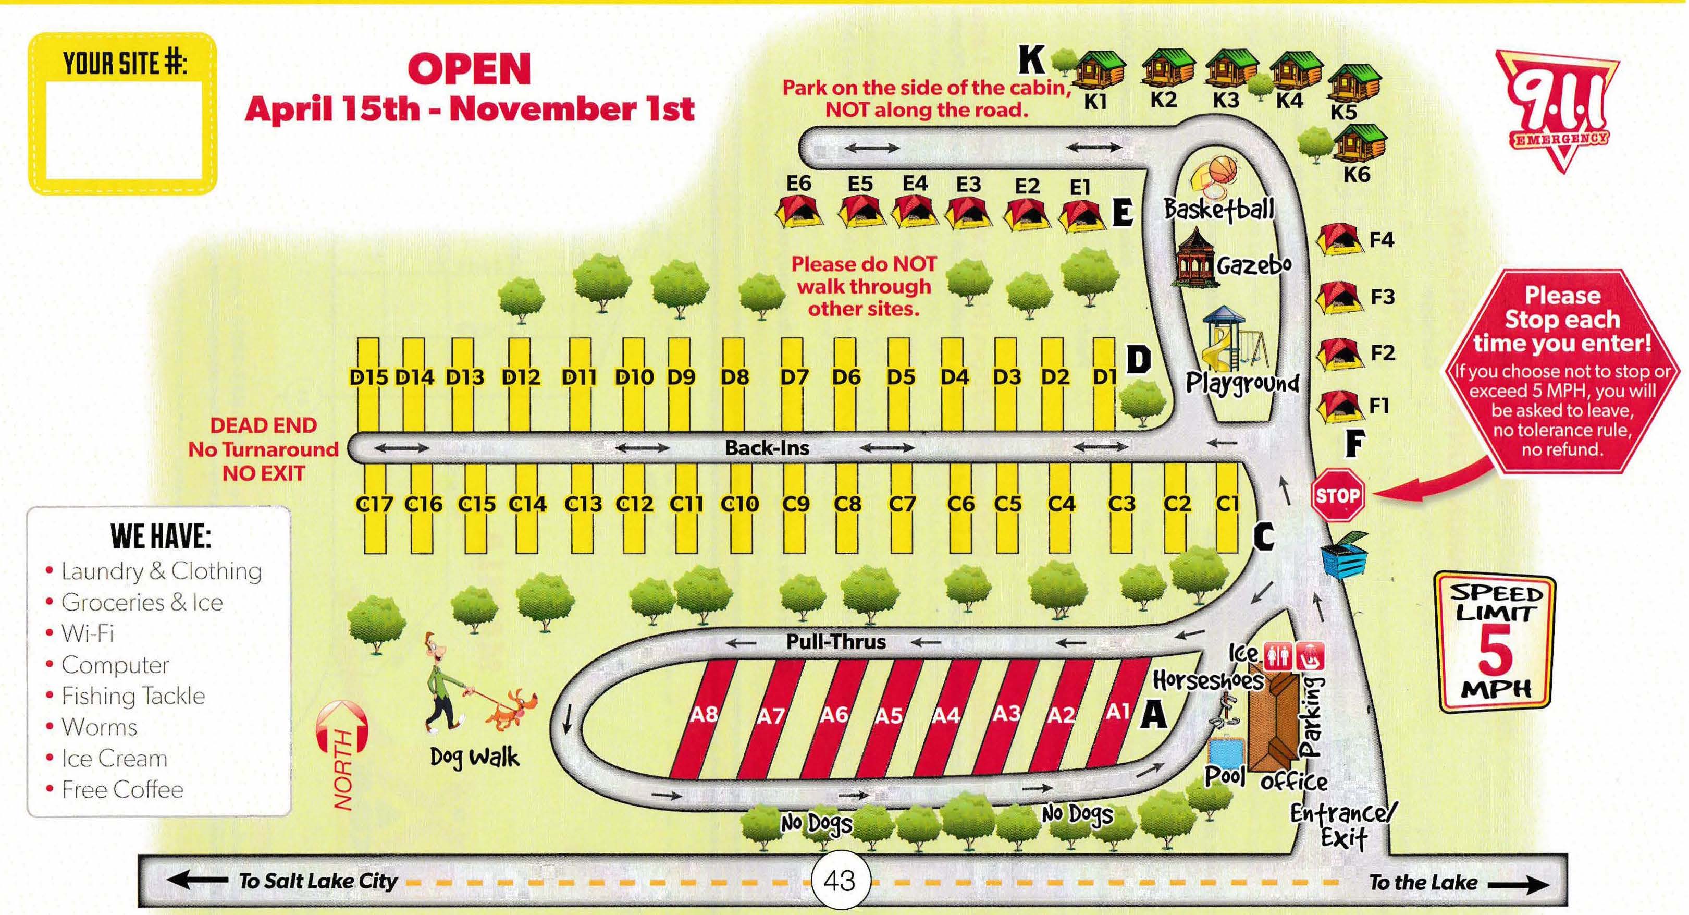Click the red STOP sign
(1337, 495)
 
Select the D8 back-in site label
(734, 377)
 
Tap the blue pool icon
(1225, 752)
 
